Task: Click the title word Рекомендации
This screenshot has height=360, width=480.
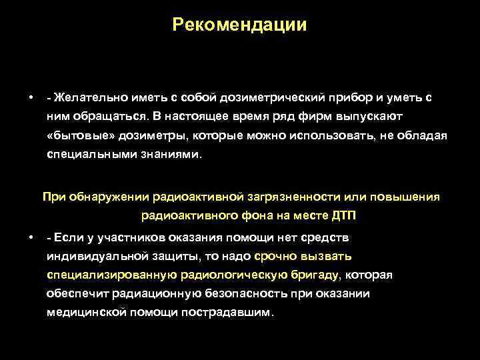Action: point(239,25)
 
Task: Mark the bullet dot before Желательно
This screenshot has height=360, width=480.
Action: point(31,97)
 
